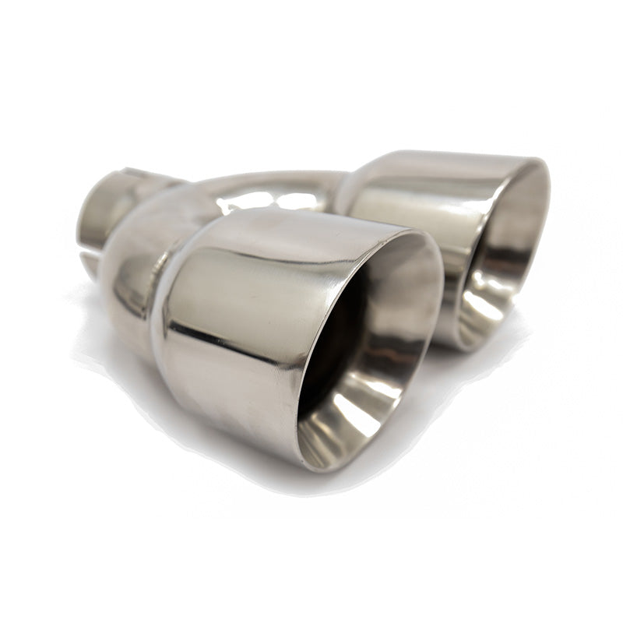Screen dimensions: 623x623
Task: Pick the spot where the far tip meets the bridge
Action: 343,187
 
